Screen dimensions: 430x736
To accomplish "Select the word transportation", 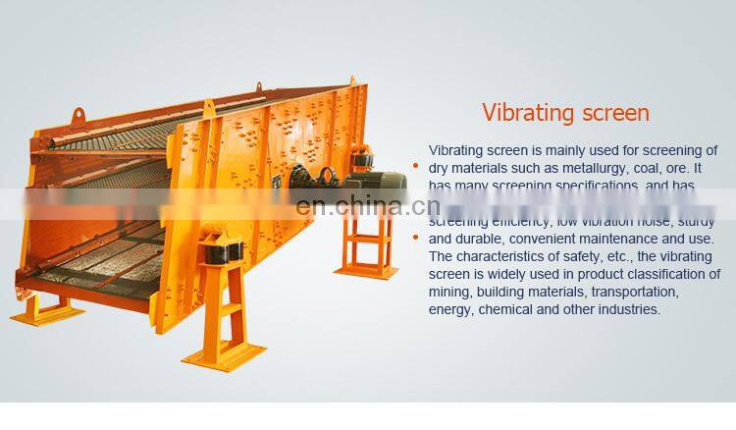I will pos(628,292).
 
